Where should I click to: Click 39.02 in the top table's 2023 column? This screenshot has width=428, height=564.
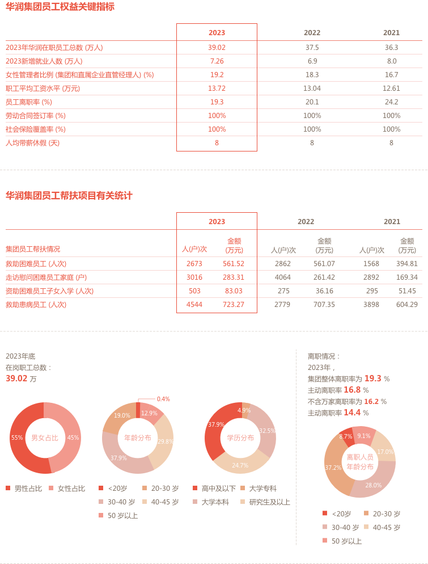click(x=217, y=48)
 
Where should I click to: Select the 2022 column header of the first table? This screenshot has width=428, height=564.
click(x=312, y=33)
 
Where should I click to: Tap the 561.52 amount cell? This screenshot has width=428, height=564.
click(x=234, y=264)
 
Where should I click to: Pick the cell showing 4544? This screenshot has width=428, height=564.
click(x=194, y=305)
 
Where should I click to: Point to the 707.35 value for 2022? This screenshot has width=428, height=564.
click(x=324, y=305)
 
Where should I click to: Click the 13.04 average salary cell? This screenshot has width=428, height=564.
click(x=312, y=89)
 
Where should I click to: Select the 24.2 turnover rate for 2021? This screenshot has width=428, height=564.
click(x=391, y=102)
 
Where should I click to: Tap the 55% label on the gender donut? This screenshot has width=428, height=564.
click(x=17, y=438)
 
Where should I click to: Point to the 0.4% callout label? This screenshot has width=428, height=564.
click(x=163, y=399)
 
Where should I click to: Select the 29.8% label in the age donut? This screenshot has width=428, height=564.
click(x=166, y=441)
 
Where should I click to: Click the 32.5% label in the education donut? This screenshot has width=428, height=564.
click(x=268, y=431)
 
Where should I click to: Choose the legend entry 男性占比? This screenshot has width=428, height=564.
click(x=26, y=489)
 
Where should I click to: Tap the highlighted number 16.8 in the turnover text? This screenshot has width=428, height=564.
click(x=352, y=390)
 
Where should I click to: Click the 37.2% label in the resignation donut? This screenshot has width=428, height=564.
click(x=333, y=468)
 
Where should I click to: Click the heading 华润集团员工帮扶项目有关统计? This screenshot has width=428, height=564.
click(x=69, y=196)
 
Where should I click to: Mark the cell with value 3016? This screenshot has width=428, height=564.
click(x=194, y=277)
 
